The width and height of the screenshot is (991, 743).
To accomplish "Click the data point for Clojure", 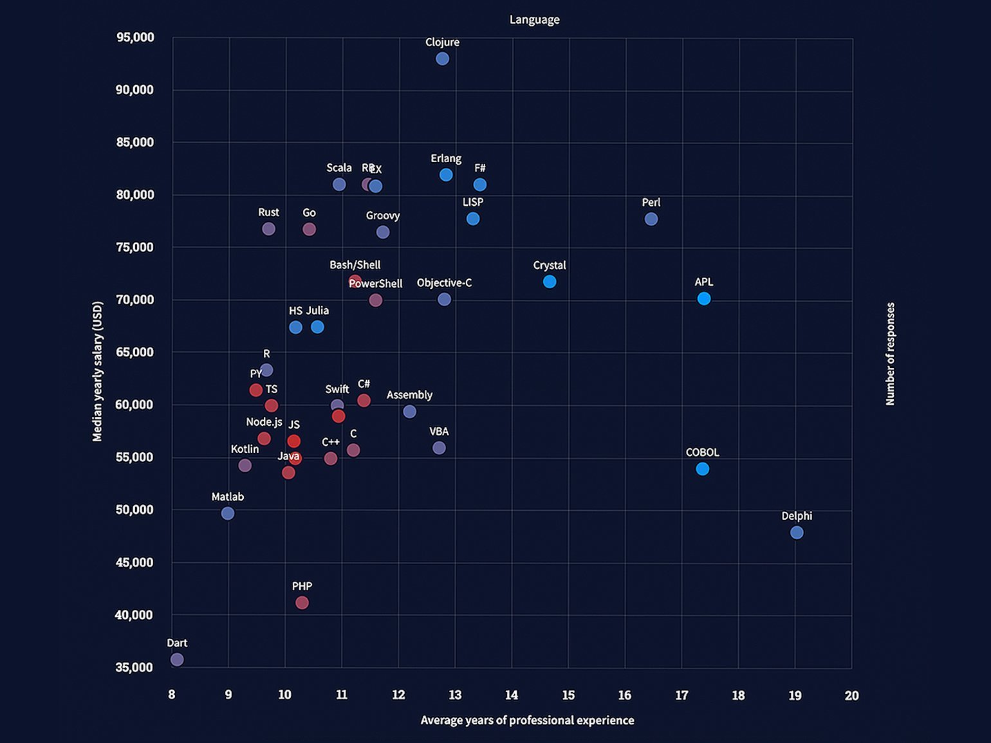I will (442, 59).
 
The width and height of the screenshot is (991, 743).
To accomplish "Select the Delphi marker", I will (797, 533).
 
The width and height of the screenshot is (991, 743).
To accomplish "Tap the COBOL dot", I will (703, 469).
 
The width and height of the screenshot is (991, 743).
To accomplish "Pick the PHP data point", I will (302, 603).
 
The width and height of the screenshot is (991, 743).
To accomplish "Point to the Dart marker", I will (177, 659).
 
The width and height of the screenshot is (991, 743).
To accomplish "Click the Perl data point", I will (651, 219).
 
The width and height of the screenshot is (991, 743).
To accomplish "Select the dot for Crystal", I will (550, 282).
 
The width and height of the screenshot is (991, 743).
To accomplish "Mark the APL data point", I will (704, 298).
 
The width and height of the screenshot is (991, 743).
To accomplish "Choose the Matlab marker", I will (228, 513).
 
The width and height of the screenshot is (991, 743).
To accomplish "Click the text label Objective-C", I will (444, 283).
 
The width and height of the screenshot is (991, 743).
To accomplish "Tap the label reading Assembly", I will (409, 395).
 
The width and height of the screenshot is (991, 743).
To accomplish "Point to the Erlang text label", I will (446, 158).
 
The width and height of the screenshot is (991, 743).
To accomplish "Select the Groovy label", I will (383, 216).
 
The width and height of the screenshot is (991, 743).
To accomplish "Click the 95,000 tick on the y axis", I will (135, 37).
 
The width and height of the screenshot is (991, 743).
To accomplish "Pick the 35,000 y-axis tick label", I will (134, 668).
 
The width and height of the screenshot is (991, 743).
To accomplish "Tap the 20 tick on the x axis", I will (851, 695).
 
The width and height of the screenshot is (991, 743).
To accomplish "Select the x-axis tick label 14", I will (512, 695).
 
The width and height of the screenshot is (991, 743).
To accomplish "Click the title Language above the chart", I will (534, 20).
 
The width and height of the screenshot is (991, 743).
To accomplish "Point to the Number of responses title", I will (891, 354).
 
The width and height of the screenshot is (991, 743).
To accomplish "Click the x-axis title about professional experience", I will (527, 720).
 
